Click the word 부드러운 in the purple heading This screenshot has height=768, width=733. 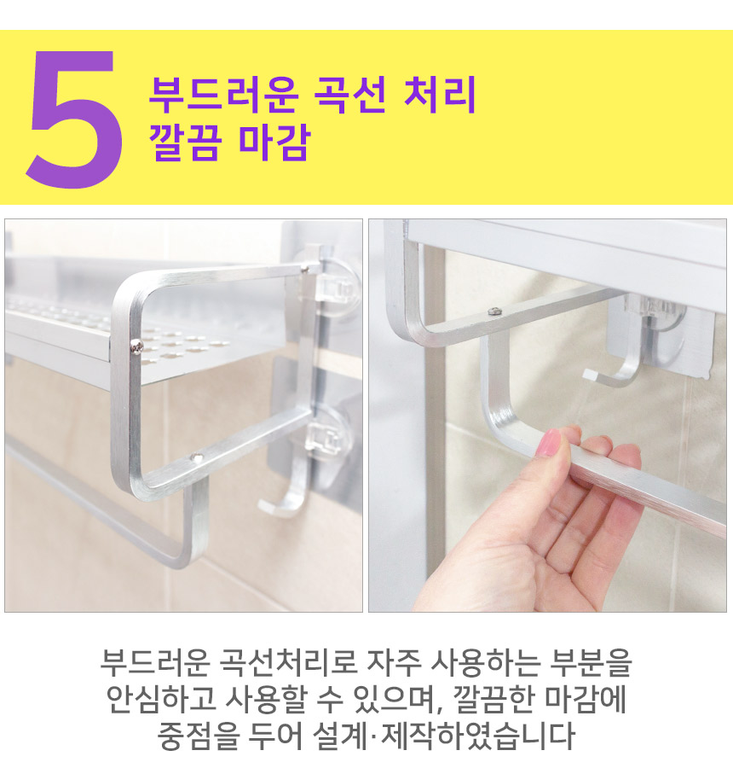coord(222,95)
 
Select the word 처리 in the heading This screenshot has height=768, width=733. coord(440,95)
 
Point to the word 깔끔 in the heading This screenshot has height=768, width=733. coord(184,141)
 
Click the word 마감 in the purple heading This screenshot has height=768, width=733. coord(274,141)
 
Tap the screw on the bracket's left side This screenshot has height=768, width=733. coord(136,346)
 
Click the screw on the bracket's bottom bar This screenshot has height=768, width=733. coord(197,457)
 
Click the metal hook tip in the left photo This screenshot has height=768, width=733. coord(265,508)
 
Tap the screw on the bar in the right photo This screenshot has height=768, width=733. coord(493,311)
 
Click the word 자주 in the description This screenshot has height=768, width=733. coord(394,663)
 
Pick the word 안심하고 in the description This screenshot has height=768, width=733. coord(161,700)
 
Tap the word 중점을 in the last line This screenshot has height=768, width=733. coord(199,736)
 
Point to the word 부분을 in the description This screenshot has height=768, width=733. coord(590,663)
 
